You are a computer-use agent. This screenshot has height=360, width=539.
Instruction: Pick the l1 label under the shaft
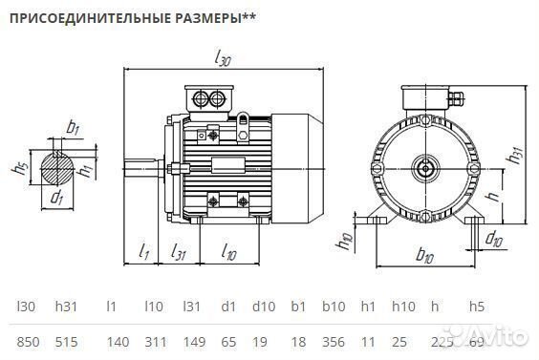click(x=143, y=251)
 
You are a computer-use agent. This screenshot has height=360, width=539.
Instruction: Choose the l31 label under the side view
click(x=178, y=251)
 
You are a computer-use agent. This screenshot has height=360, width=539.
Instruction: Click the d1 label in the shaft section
click(x=57, y=199)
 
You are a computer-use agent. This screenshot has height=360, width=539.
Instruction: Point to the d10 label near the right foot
click(x=494, y=237)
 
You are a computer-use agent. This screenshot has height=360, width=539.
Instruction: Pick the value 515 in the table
click(x=66, y=340)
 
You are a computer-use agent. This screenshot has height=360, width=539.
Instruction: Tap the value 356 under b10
click(x=334, y=340)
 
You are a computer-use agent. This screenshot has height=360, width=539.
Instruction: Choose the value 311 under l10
click(x=154, y=340)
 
